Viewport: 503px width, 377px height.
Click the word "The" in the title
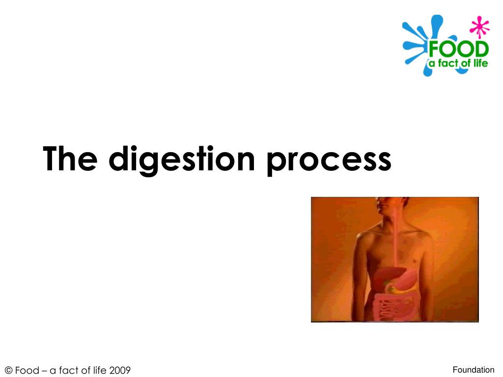[70, 159]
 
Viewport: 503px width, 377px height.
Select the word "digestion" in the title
[182, 161]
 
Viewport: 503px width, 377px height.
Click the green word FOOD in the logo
[459, 50]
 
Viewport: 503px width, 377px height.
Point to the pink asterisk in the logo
[479, 27]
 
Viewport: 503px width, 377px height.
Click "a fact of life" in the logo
[458, 63]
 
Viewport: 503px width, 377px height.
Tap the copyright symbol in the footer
[9, 370]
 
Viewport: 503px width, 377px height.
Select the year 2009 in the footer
[120, 370]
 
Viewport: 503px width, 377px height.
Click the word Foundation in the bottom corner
[474, 370]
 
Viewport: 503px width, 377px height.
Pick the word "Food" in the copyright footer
[28, 370]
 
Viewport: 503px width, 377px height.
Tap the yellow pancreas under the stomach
[403, 290]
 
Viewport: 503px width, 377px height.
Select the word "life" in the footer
[99, 370]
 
